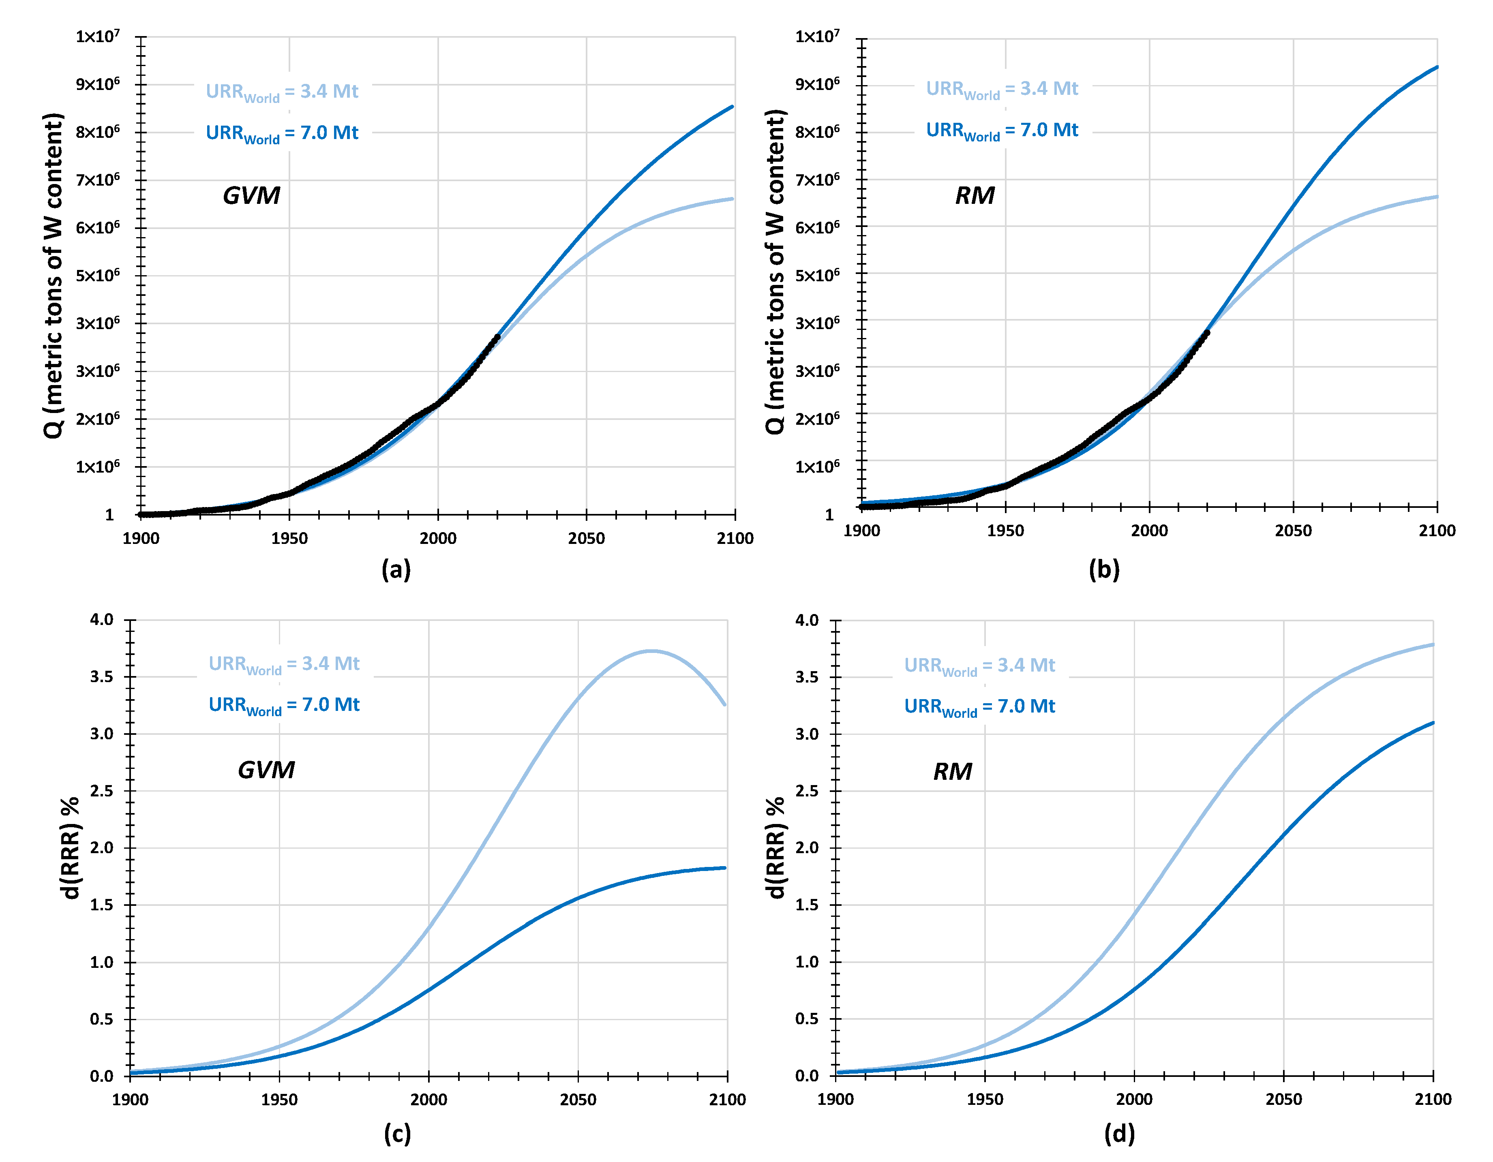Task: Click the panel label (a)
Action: point(396,569)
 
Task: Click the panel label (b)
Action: point(1103,569)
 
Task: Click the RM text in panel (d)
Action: point(952,772)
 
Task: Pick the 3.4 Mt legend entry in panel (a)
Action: point(282,92)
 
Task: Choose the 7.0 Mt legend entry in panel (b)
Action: point(1002,131)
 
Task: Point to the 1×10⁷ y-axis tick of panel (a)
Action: point(98,36)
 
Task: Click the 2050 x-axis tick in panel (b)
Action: point(1293,531)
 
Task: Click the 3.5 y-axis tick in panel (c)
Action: point(101,677)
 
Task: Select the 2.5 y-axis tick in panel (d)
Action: point(807,791)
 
